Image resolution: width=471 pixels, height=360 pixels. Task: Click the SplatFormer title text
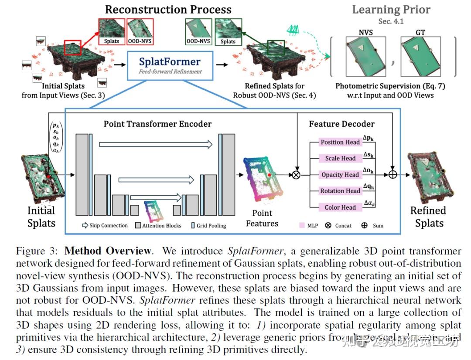(170, 62)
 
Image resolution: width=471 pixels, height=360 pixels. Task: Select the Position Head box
(340, 142)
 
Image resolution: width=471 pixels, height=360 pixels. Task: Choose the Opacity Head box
(340, 175)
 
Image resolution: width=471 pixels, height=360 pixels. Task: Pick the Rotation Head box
(340, 191)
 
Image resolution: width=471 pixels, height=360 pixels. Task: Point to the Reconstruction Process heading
(168, 9)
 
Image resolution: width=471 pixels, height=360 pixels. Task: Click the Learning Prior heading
(391, 10)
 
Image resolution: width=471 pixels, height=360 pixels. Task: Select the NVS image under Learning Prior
(365, 56)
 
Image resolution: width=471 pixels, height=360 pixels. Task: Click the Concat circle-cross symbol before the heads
(297, 175)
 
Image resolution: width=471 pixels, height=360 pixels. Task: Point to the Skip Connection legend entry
(105, 226)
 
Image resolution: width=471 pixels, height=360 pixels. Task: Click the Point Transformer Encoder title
(157, 124)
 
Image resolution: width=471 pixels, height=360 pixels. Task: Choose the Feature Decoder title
(341, 124)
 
